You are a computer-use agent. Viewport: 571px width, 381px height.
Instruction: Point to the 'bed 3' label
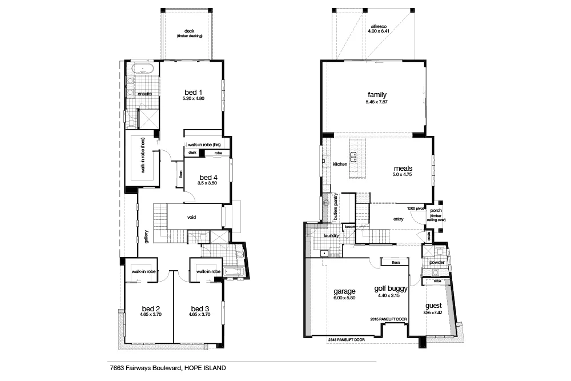click(200, 308)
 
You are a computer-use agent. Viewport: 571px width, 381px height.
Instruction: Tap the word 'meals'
click(402, 169)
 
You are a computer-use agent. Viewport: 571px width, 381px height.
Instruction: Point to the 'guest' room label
click(433, 306)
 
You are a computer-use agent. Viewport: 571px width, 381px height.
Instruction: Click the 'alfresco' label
click(380, 26)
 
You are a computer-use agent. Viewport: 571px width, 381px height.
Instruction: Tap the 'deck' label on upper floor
click(190, 31)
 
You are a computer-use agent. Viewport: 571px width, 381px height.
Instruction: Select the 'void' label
click(192, 218)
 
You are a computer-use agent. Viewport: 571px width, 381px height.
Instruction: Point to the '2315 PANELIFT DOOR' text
click(389, 319)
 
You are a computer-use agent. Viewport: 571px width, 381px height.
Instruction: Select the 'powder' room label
click(437, 263)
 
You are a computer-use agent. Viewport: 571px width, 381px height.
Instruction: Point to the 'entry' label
click(398, 218)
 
